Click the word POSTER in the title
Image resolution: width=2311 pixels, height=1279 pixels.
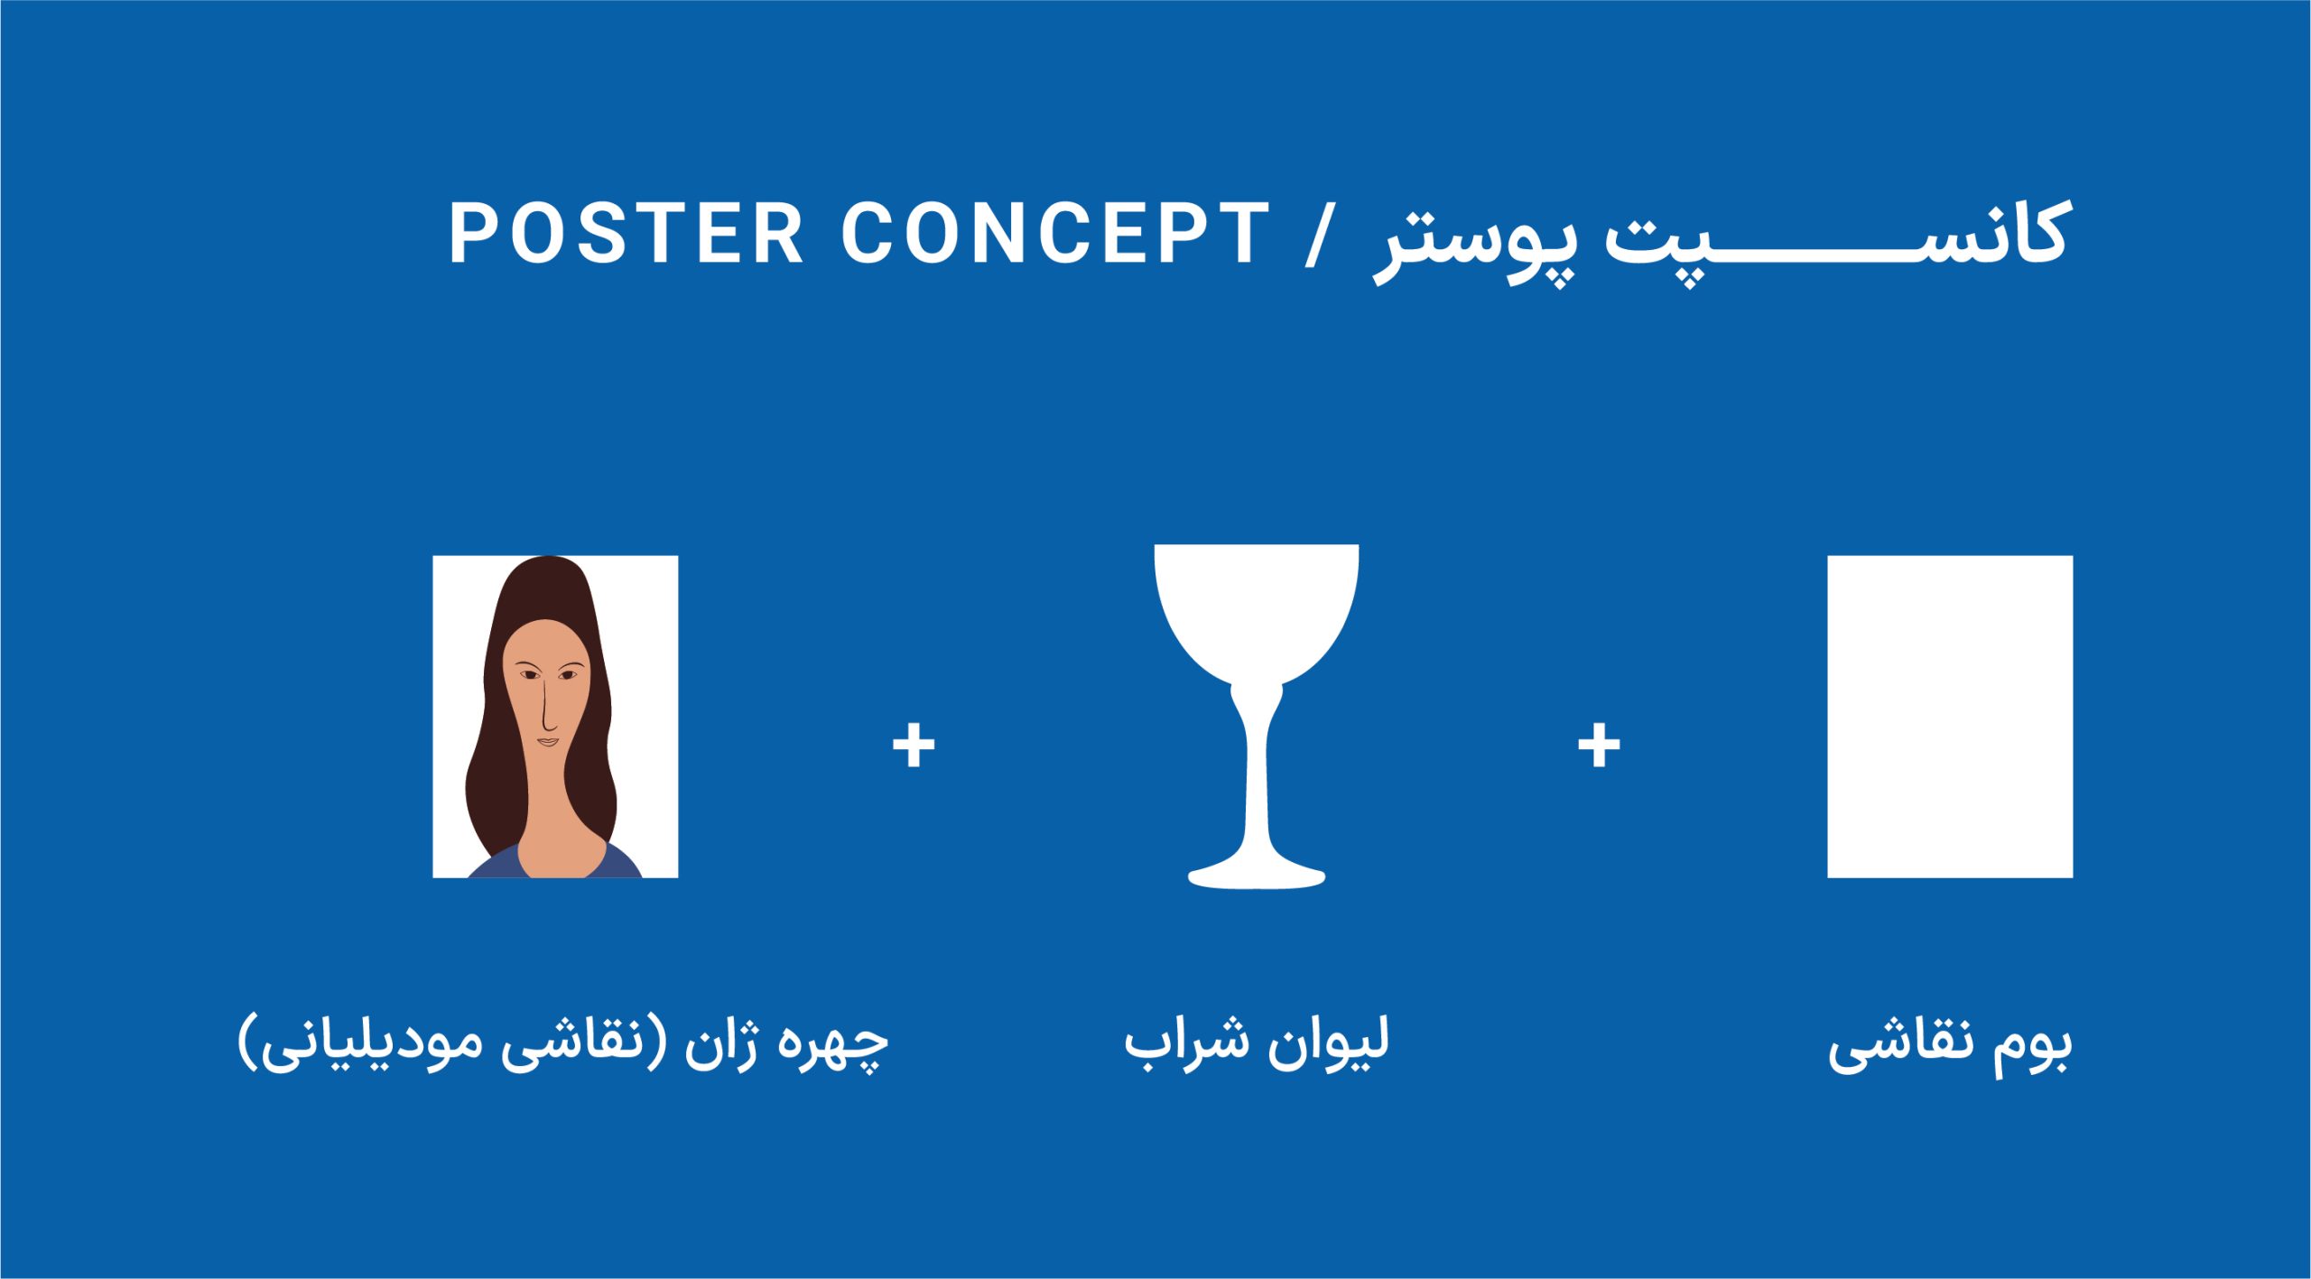[626, 233]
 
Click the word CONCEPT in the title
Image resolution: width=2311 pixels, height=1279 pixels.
[1055, 233]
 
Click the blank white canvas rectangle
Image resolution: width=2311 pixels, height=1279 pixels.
[1950, 717]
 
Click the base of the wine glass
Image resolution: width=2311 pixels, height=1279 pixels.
[1257, 875]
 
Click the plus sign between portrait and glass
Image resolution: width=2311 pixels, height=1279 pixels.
[914, 746]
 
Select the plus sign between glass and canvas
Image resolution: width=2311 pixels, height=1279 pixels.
[1599, 746]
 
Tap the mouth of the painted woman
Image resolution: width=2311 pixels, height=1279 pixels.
[549, 743]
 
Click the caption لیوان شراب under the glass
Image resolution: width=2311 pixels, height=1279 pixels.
[1257, 1043]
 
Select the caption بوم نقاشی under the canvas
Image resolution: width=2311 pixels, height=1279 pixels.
[1951, 1046]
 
